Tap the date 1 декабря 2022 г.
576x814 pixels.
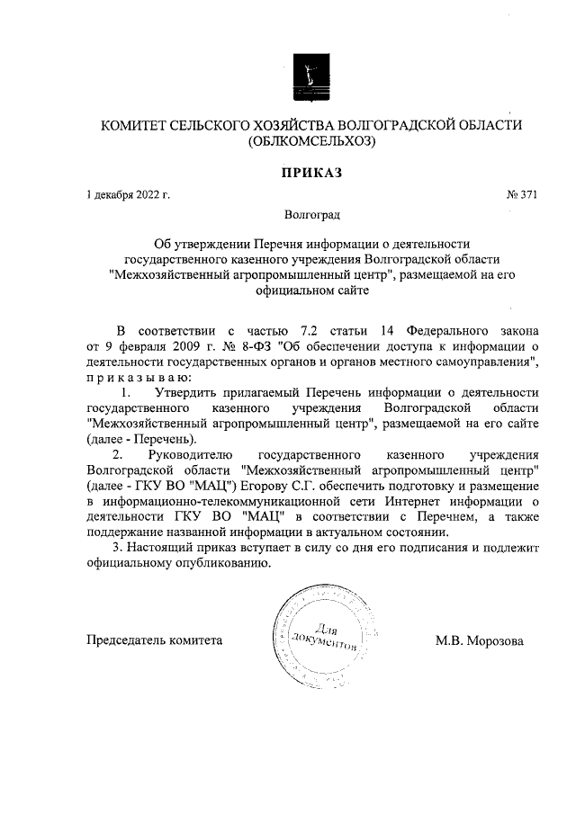(x=128, y=194)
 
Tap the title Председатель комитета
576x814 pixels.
(x=153, y=641)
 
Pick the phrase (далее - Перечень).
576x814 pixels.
(x=140, y=439)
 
